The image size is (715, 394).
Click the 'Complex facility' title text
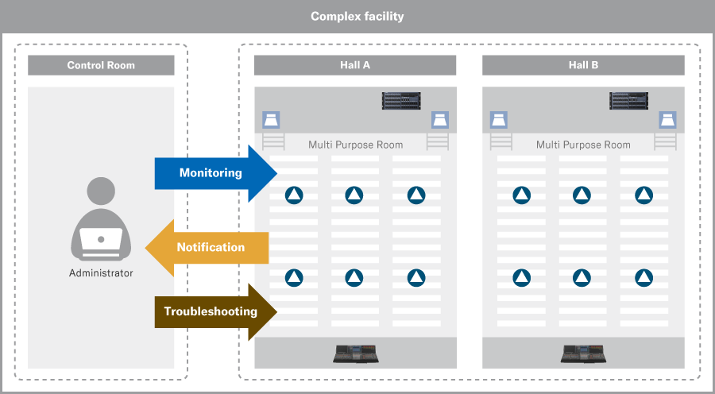pos(357,16)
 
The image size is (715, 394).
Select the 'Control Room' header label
pos(101,65)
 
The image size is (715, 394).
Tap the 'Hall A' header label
pos(355,65)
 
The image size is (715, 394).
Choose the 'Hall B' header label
pos(583,65)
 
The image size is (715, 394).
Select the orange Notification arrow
pos(207,248)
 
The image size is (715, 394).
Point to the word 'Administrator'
pos(101,273)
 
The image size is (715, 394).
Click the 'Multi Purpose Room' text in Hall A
pos(355,145)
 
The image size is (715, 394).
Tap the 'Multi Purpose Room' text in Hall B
pos(583,145)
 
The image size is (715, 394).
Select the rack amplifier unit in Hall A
pos(401,101)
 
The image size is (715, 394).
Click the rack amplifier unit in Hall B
pos(629,101)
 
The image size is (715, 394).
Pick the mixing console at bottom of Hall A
pos(356,353)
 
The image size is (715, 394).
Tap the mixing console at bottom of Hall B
pos(584,353)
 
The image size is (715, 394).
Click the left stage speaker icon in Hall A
pos(271,121)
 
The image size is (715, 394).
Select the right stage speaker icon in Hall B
pos(668,121)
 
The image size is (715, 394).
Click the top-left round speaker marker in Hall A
pos(294,195)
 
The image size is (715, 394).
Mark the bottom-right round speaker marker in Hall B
pos(643,277)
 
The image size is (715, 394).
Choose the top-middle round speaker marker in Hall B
pos(582,195)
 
